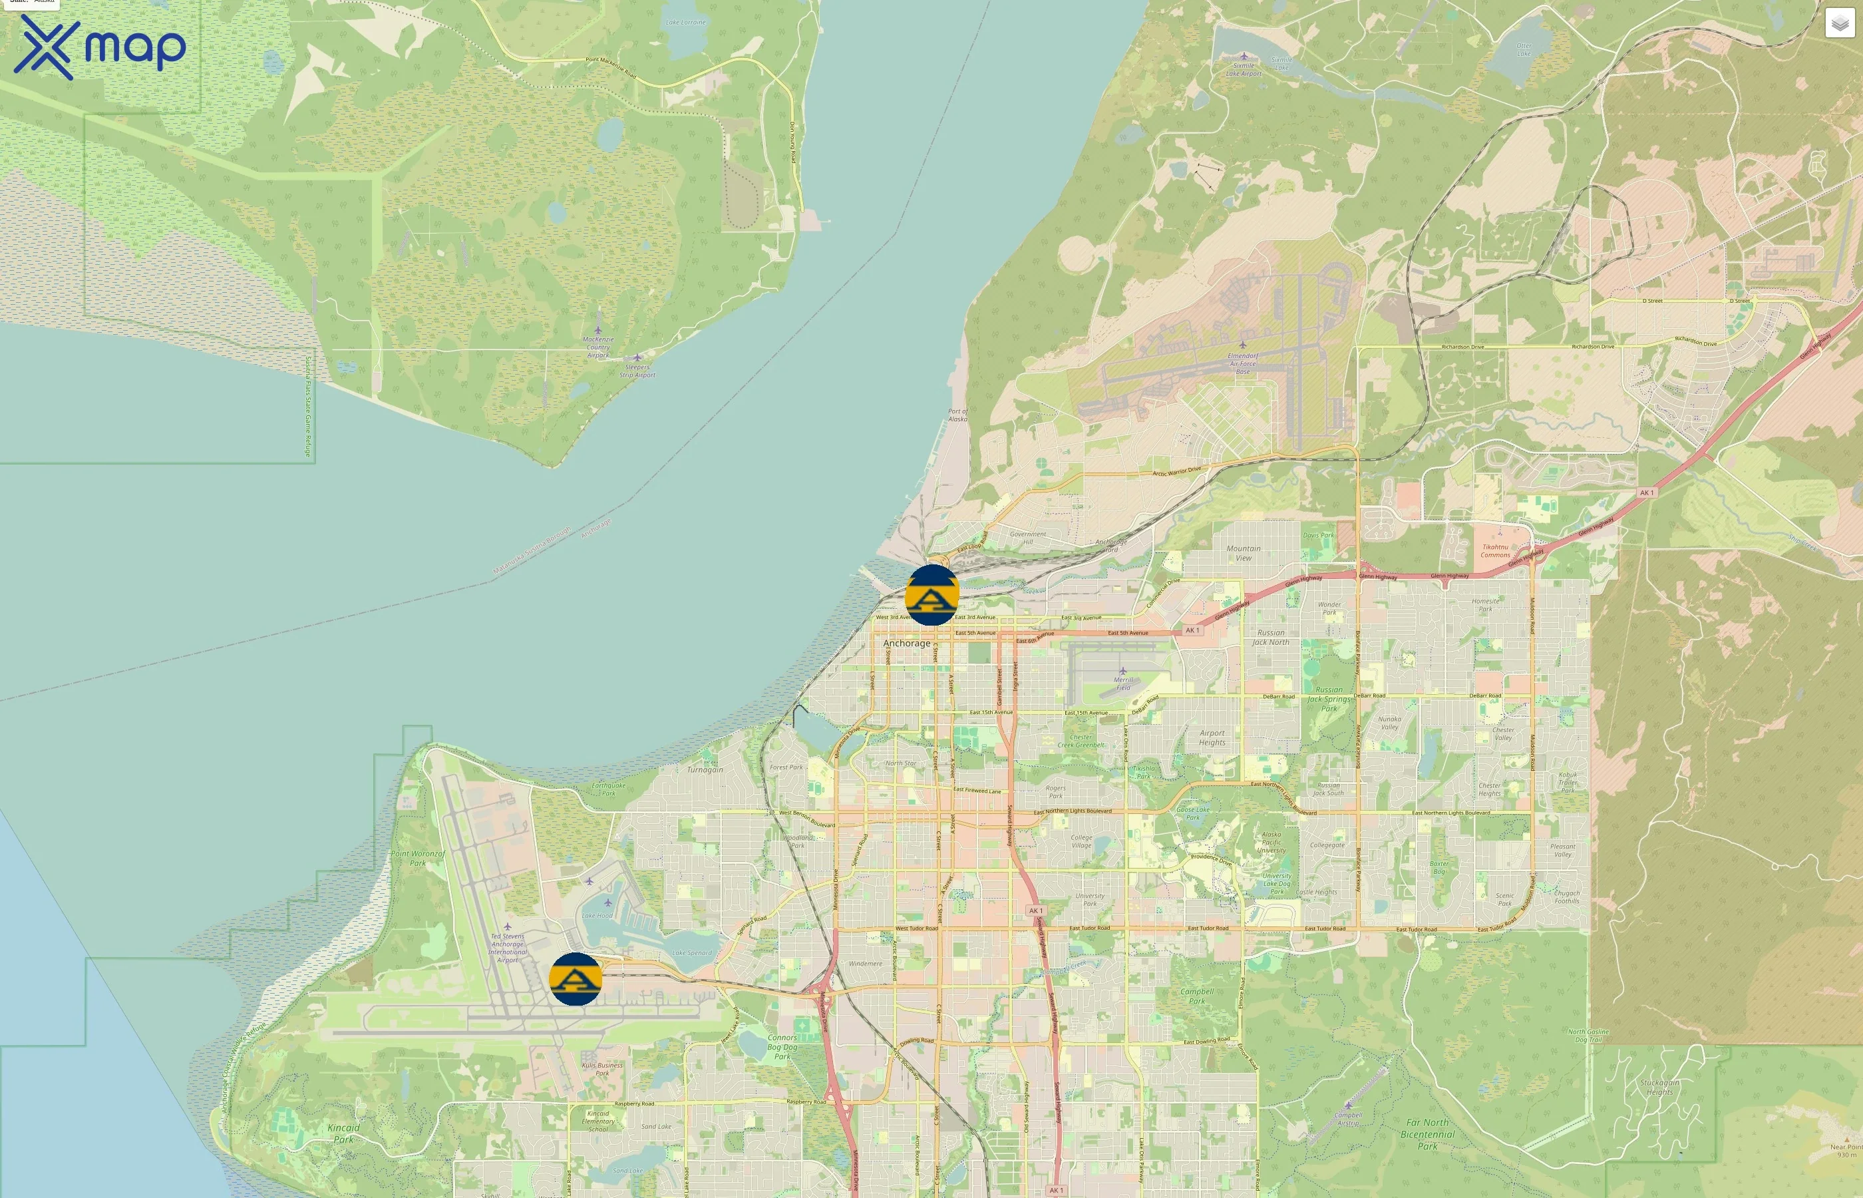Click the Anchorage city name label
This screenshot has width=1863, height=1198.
[x=907, y=644]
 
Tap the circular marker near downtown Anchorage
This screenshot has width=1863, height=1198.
[x=931, y=595]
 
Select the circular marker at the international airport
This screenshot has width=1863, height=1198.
[x=576, y=978]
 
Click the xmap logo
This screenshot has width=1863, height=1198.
[x=100, y=47]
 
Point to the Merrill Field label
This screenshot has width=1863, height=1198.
[x=1124, y=684]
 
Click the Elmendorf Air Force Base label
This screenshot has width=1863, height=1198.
[x=1242, y=363]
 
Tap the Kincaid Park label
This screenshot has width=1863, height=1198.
[x=343, y=1133]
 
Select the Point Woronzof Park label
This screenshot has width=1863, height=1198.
[x=419, y=858]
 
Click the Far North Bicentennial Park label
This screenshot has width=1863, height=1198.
[x=1428, y=1134]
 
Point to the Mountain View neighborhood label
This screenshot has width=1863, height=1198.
[x=1244, y=553]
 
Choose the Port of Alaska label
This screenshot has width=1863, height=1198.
[x=958, y=415]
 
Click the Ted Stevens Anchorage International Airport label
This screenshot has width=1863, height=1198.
[x=508, y=948]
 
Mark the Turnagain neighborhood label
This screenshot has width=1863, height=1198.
[x=705, y=769]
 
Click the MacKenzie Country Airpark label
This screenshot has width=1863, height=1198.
[x=598, y=347]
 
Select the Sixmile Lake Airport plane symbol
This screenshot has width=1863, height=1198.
[x=1244, y=56]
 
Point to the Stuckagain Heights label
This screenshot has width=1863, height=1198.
[x=1659, y=1087]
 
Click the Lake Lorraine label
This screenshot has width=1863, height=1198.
[x=686, y=23]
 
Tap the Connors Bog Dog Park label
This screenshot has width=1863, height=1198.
[x=782, y=1047]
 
